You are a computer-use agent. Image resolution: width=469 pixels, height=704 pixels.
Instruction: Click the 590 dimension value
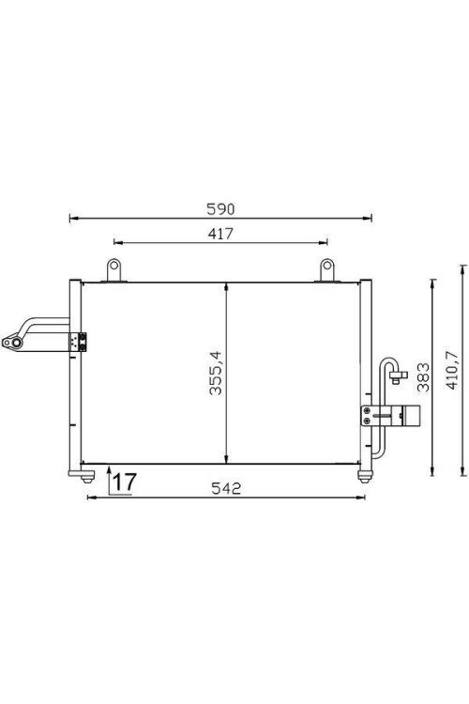coord(220,208)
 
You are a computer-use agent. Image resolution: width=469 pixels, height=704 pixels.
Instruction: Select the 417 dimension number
coord(220,234)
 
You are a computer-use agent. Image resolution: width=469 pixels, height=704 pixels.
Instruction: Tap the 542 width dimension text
coord(226,488)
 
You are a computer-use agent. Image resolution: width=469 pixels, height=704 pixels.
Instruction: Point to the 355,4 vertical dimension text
coord(216,373)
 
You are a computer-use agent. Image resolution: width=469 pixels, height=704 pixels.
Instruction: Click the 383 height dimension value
coord(423,377)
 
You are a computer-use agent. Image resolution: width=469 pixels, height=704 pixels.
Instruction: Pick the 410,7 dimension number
coord(452,371)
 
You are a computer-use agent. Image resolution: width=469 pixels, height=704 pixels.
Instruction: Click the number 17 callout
coord(124,482)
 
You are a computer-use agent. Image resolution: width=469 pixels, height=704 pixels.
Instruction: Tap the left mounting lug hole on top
coord(114,266)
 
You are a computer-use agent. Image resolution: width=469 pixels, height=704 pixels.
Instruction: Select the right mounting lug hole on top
coord(327,266)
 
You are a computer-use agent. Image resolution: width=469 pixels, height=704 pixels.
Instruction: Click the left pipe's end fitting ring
coord(17,344)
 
